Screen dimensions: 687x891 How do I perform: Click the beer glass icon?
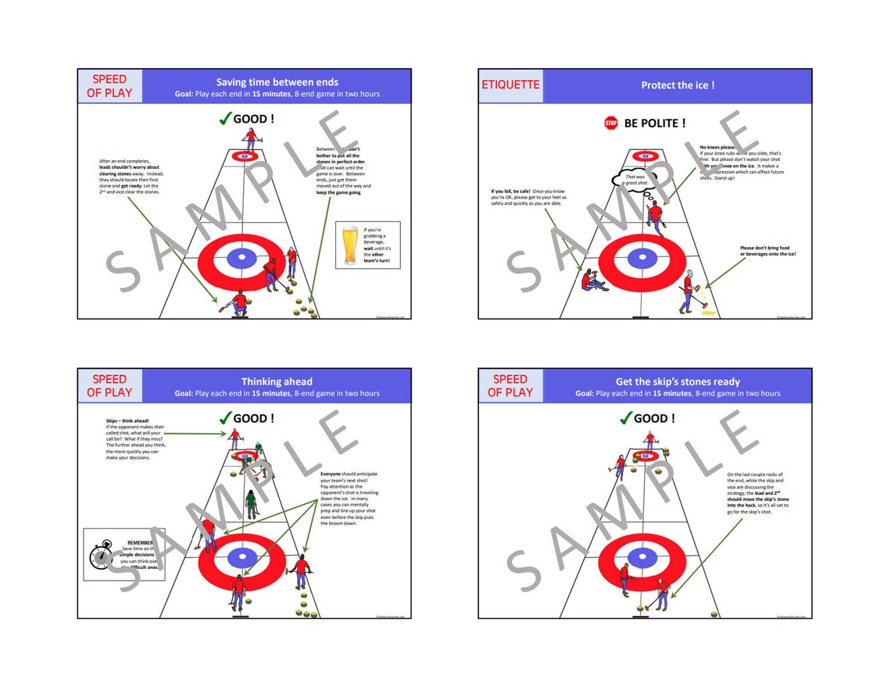(351, 245)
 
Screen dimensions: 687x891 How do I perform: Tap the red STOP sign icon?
(610, 123)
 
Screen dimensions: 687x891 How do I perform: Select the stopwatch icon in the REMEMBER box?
(101, 556)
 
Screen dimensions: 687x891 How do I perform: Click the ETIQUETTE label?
(510, 84)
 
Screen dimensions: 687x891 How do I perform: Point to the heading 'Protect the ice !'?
(677, 85)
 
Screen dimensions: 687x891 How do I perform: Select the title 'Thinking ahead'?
(277, 381)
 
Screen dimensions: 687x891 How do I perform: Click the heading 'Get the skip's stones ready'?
(677, 381)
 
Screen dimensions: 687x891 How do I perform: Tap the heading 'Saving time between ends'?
(277, 81)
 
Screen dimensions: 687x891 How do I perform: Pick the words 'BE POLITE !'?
(655, 123)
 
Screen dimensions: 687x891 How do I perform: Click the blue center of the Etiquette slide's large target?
(642, 257)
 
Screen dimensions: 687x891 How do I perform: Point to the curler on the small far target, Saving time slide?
(251, 139)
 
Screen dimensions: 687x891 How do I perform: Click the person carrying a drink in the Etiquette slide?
(688, 293)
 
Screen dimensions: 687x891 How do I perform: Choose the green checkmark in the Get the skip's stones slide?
(624, 418)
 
